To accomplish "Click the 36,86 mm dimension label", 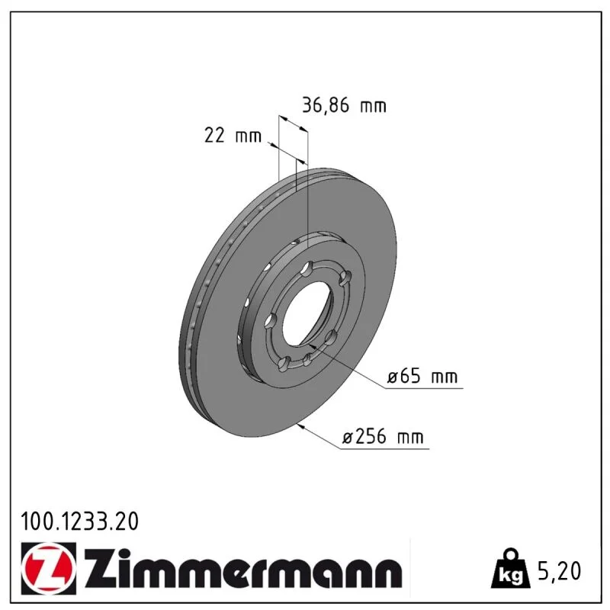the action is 345,105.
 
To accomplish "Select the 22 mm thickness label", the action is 233,136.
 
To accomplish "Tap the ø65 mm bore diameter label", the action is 422,377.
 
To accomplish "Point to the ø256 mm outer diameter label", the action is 383,437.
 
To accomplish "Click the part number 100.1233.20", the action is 80,522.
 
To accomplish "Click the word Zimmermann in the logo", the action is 243,569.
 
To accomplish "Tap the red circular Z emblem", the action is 47,568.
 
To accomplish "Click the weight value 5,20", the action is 559,571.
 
